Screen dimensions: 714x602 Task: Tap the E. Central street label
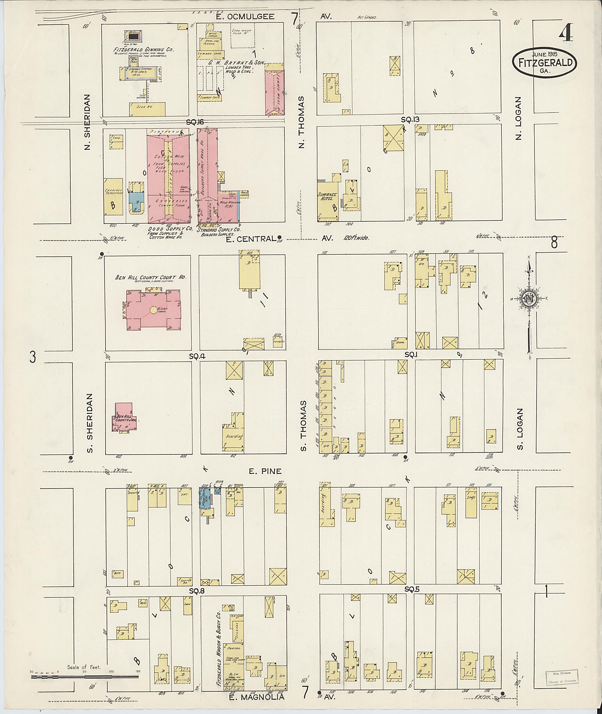coord(251,239)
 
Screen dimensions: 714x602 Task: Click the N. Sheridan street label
coord(87,122)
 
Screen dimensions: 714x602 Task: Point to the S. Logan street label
coord(519,429)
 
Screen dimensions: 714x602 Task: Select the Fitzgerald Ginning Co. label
coord(144,49)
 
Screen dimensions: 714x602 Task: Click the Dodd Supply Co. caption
coord(170,228)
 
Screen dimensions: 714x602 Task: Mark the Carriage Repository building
coord(114,197)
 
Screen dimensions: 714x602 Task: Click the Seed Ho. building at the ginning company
coord(147,108)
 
